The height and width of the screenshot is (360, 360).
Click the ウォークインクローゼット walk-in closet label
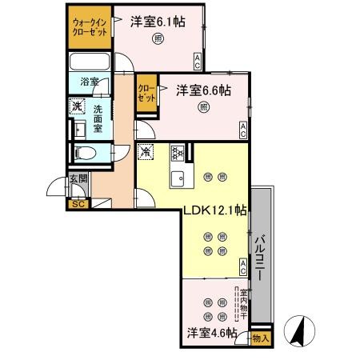click(x=90, y=27)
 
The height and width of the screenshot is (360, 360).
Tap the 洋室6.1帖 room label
click(x=158, y=22)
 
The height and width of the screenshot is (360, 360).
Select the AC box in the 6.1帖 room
click(x=197, y=62)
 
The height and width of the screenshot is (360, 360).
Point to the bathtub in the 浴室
click(x=90, y=62)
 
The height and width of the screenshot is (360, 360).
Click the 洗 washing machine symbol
click(x=77, y=106)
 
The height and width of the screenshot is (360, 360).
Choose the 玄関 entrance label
click(x=78, y=178)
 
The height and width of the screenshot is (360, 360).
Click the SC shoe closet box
click(x=78, y=204)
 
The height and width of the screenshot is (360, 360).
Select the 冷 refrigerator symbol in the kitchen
click(x=146, y=152)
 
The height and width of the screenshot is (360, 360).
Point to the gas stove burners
click(x=178, y=153)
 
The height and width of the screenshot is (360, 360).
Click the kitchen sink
click(x=178, y=178)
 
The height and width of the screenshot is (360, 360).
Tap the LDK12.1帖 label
click(x=214, y=210)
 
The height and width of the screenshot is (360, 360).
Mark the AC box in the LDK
click(x=243, y=266)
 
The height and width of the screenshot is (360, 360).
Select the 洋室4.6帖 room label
click(x=212, y=333)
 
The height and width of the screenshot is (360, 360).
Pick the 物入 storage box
click(x=261, y=338)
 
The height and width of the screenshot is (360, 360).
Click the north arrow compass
click(x=299, y=330)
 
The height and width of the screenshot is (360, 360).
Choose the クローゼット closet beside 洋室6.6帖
click(x=146, y=94)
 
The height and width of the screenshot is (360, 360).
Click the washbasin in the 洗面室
click(x=79, y=130)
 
